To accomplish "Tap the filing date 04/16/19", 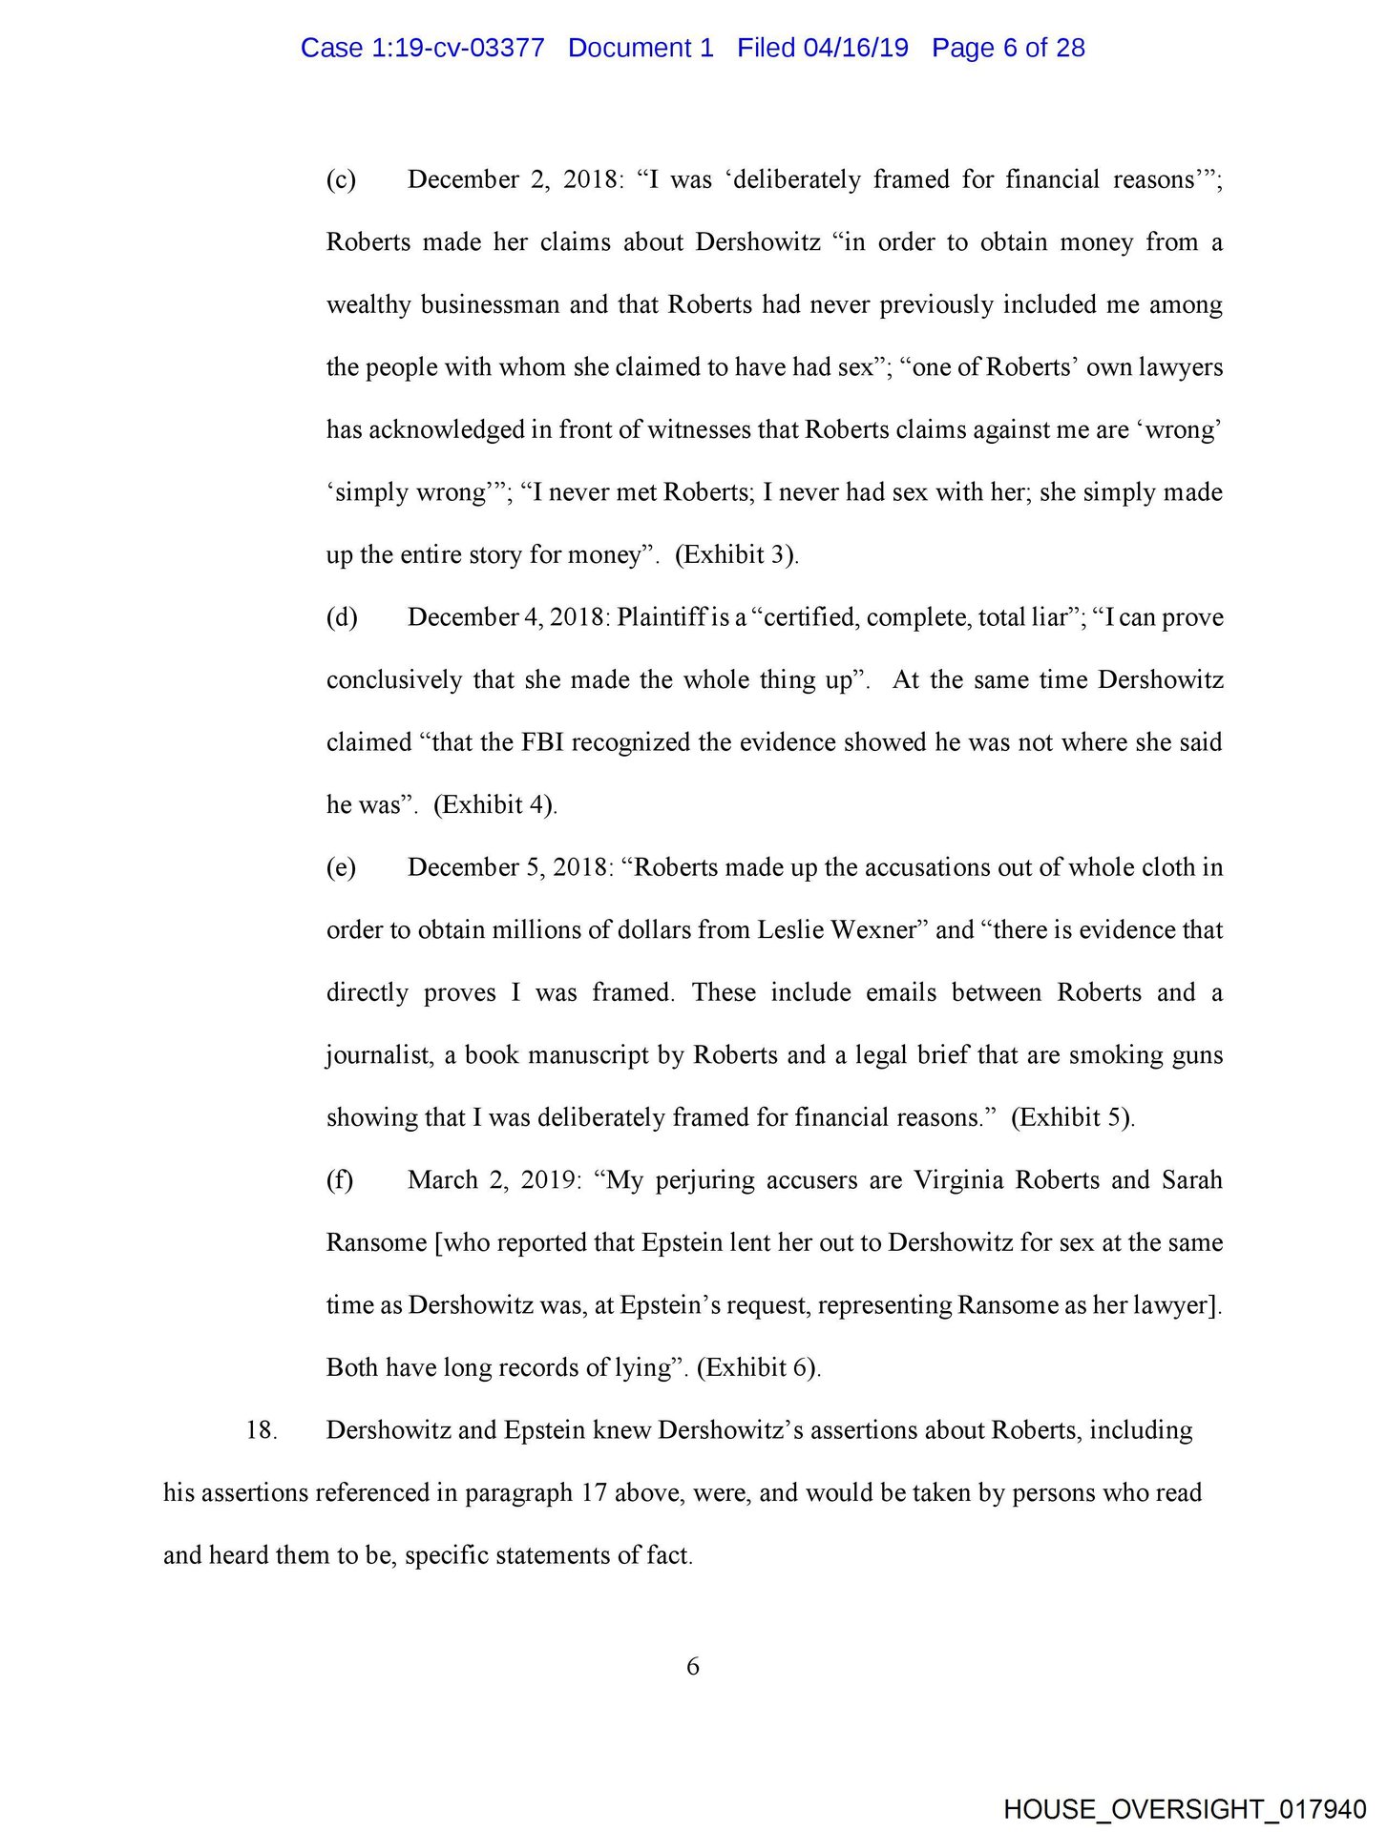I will (855, 48).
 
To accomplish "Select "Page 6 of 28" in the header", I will (1008, 48).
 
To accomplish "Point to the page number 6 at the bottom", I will (693, 1666).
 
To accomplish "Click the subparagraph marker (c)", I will (341, 179).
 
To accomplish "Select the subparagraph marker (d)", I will (342, 617).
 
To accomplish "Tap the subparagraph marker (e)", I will (341, 867).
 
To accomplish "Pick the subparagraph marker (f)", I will (340, 1180).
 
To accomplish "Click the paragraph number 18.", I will (261, 1430).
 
